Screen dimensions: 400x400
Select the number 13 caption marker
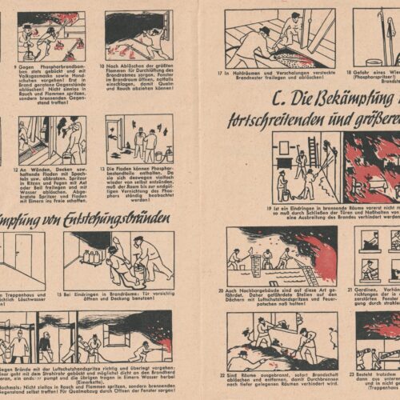108,170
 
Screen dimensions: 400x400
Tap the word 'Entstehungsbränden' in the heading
119,218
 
